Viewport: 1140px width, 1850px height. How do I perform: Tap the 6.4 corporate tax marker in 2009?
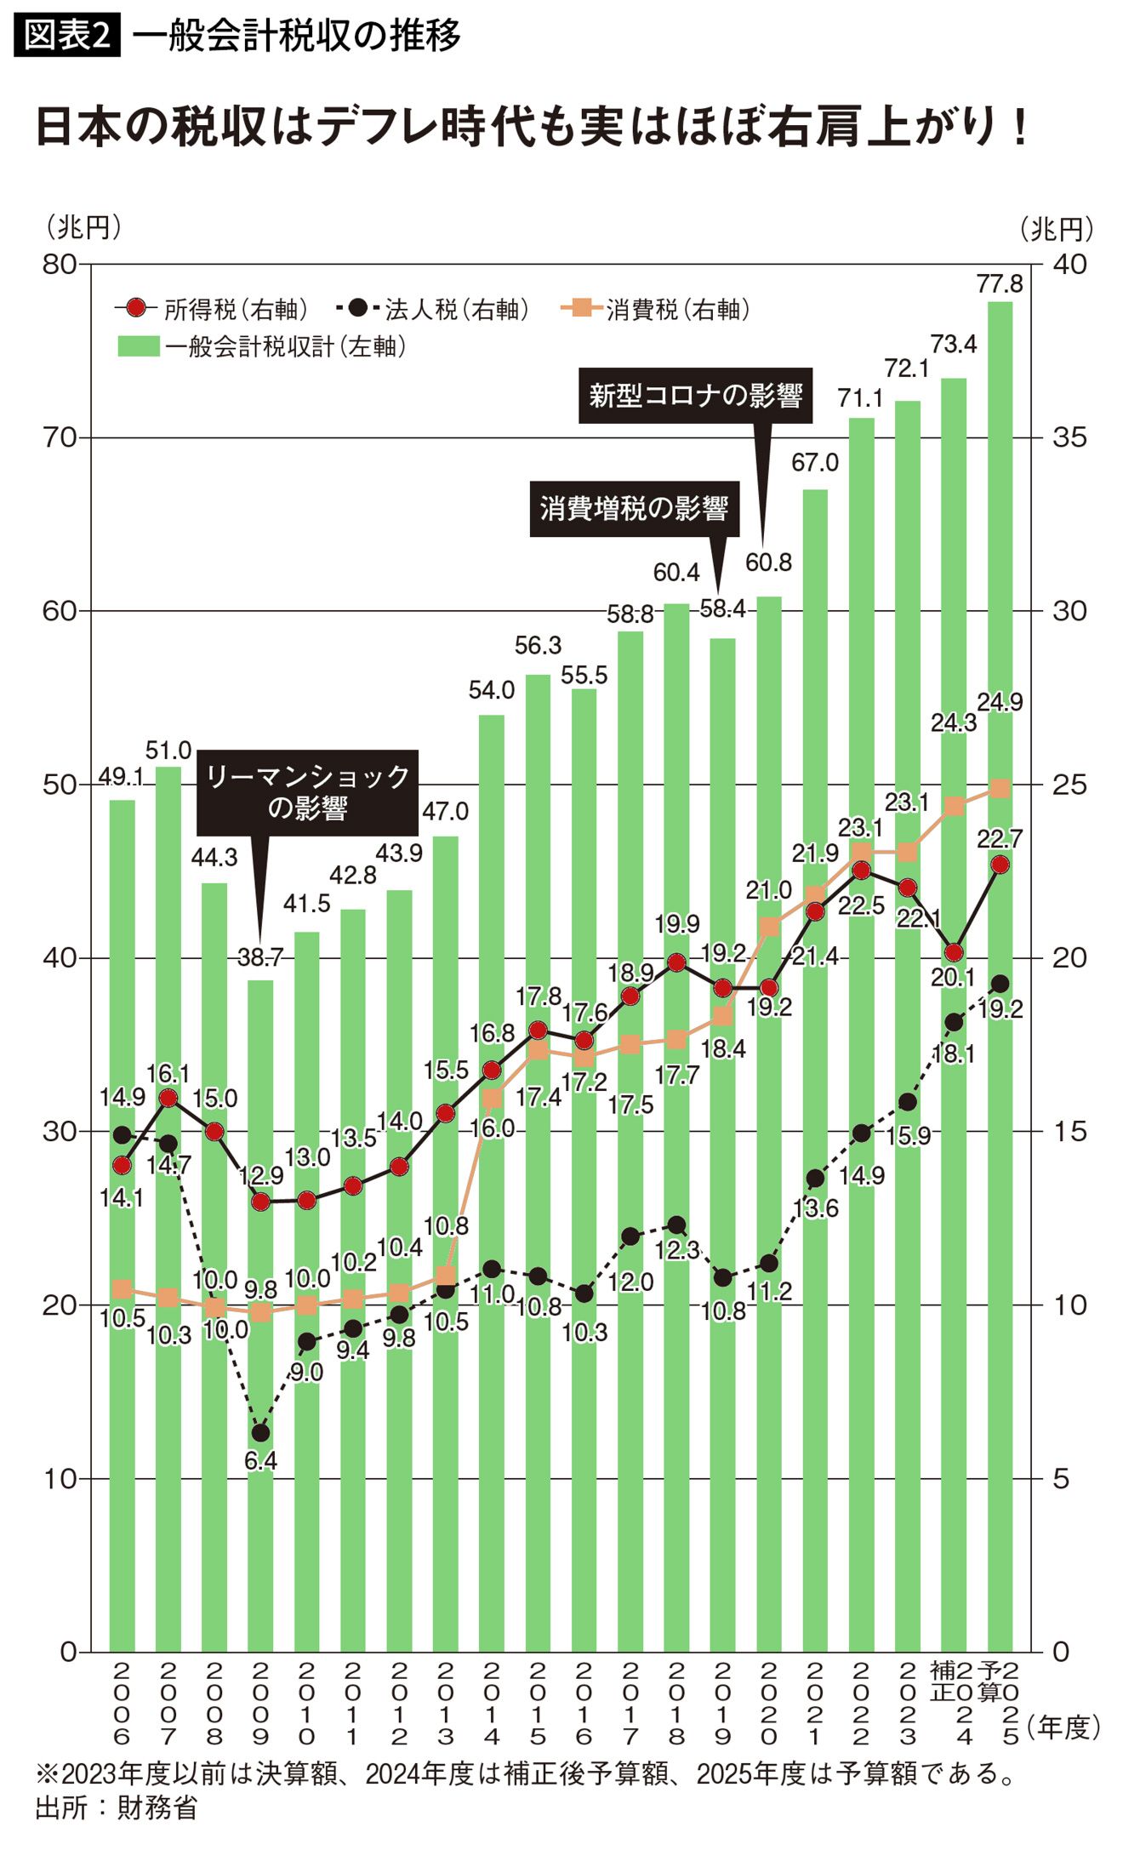[260, 1433]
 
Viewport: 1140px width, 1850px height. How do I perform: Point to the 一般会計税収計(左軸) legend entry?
[264, 346]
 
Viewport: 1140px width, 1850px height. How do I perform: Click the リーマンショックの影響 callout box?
[307, 792]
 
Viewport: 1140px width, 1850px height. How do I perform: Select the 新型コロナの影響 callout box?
[695, 396]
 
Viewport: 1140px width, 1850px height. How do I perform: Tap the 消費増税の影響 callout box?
[634, 509]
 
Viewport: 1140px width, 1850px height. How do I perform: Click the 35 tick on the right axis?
[1069, 438]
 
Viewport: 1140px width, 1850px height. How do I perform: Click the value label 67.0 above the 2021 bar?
[814, 463]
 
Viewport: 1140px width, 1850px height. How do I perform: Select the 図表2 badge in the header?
[67, 35]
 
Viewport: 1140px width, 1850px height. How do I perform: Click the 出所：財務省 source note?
[117, 1807]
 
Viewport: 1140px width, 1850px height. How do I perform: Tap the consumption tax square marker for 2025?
[1000, 789]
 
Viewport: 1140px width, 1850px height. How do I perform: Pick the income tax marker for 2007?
[168, 1098]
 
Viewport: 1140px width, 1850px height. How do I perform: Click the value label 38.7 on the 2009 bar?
[260, 957]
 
